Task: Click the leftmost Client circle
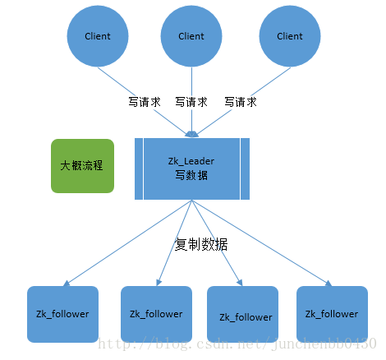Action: [98, 37]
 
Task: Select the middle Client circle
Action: [191, 37]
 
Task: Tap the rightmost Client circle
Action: [289, 37]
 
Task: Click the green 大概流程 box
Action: [82, 165]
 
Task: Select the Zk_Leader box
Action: [191, 168]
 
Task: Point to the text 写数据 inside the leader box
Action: [191, 175]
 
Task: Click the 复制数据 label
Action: [201, 244]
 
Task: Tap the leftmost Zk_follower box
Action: [62, 314]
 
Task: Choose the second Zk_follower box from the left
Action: [156, 314]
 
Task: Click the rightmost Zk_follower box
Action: [332, 314]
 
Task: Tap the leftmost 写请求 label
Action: [144, 103]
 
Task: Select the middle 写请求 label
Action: [191, 103]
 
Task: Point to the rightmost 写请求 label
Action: [241, 103]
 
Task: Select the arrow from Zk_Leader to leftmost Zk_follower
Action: [123, 243]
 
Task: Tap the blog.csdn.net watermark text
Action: [238, 342]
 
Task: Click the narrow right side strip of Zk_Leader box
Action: [246, 168]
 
